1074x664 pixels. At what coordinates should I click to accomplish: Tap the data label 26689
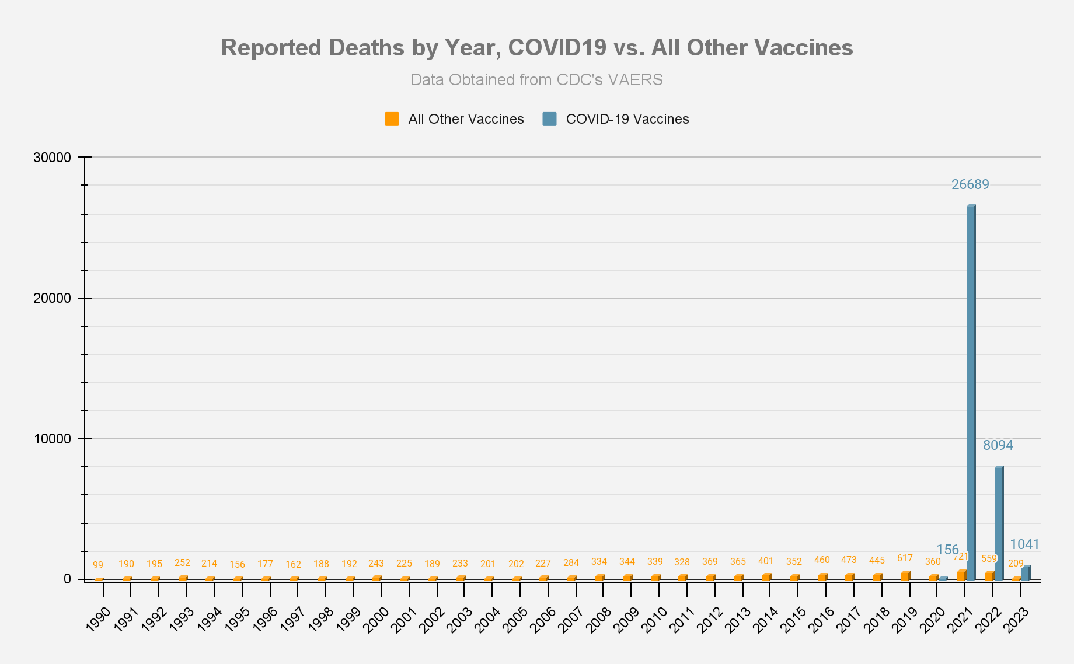(970, 185)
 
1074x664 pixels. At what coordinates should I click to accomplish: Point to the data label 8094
(998, 446)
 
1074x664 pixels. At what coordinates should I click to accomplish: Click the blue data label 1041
(1024, 545)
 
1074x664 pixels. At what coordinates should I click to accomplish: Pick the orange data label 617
(905, 558)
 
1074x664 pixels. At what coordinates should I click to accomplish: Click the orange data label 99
(98, 565)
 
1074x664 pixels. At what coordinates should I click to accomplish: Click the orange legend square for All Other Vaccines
(392, 119)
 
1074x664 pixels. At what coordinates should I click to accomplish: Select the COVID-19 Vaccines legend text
(627, 119)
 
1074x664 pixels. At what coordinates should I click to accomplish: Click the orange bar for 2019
(905, 576)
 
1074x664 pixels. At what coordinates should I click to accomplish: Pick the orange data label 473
(849, 560)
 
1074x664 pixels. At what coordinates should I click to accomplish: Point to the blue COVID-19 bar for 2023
(1026, 573)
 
